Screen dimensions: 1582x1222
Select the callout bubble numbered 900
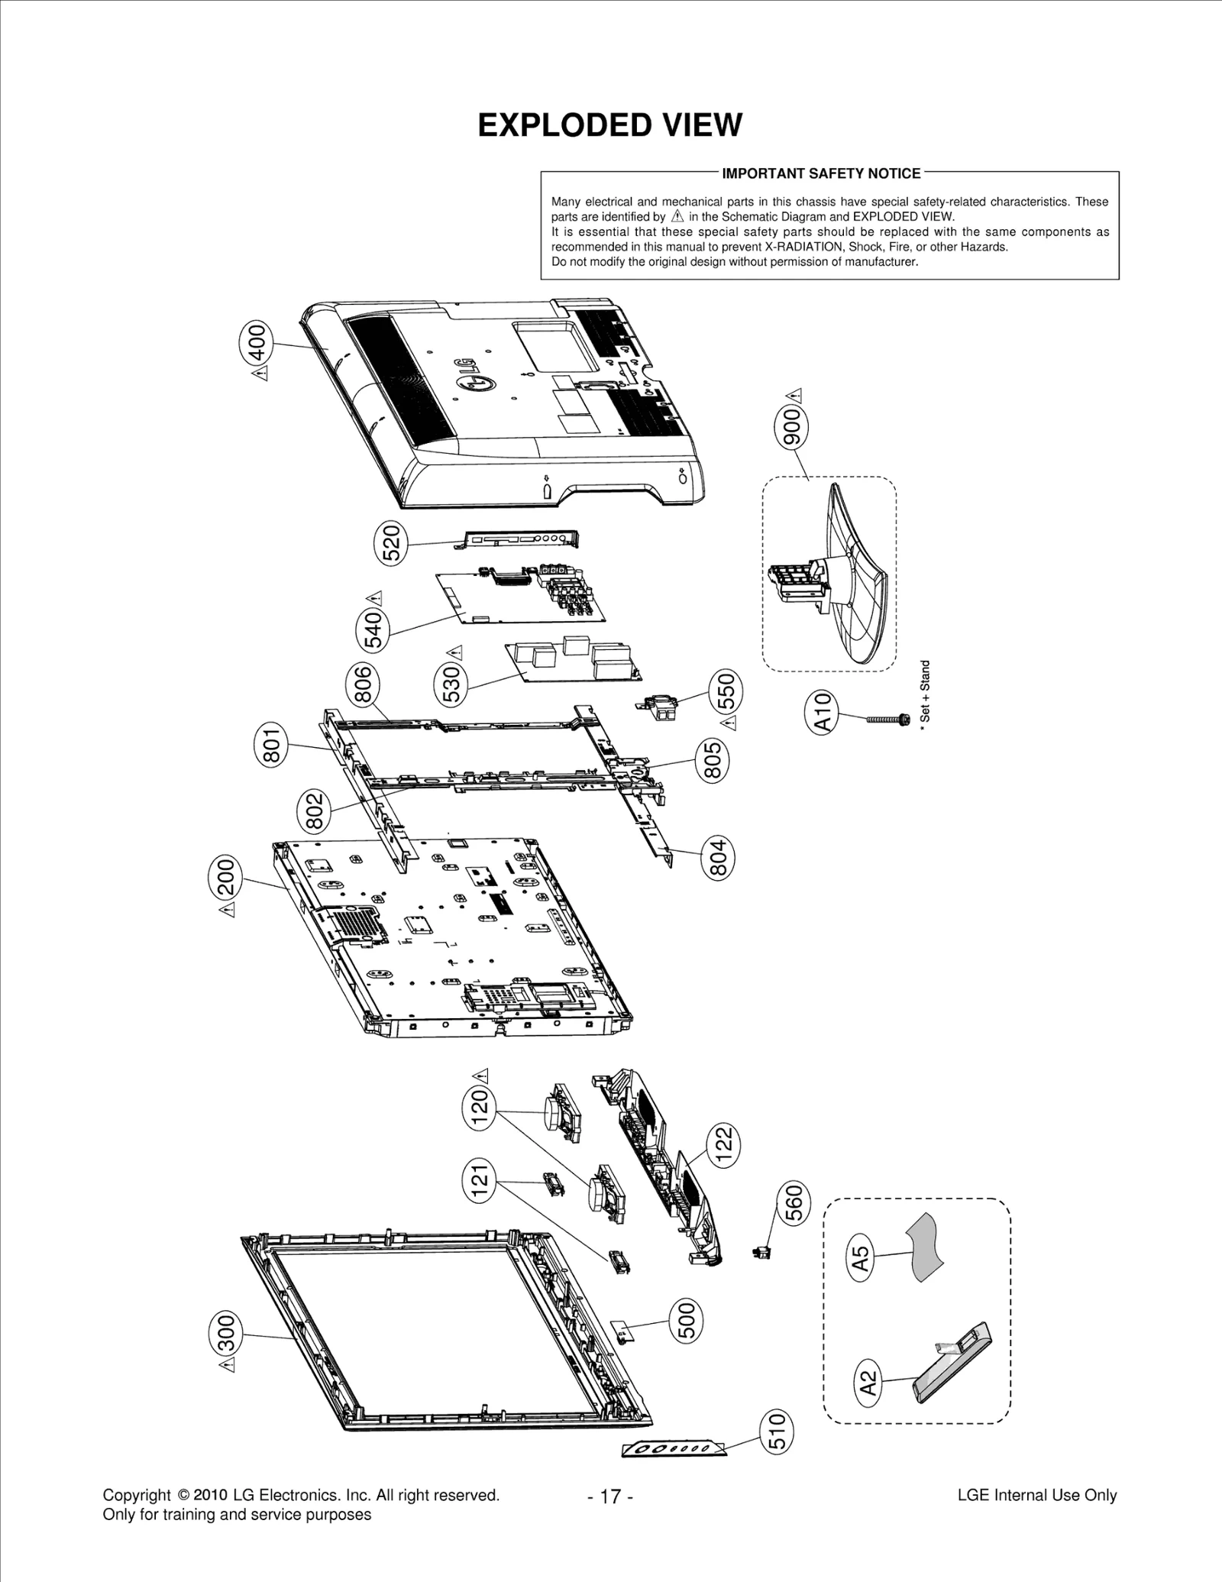pyautogui.click(x=793, y=426)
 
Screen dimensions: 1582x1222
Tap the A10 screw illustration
pyautogui.click(x=887, y=719)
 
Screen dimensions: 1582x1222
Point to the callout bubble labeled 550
pyautogui.click(x=726, y=690)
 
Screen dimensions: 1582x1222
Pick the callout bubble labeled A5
pyautogui.click(x=861, y=1257)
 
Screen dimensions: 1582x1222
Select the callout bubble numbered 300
pyautogui.click(x=227, y=1333)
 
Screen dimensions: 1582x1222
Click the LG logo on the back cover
pyautogui.click(x=474, y=377)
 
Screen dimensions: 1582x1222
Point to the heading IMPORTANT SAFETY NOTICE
pyautogui.click(x=821, y=173)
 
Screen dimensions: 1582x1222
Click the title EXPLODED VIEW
pyautogui.click(x=609, y=125)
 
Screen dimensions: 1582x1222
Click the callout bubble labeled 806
pyautogui.click(x=364, y=684)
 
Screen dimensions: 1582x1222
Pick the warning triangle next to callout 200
pyautogui.click(x=227, y=910)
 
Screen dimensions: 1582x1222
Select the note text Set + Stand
pyautogui.click(x=925, y=695)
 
